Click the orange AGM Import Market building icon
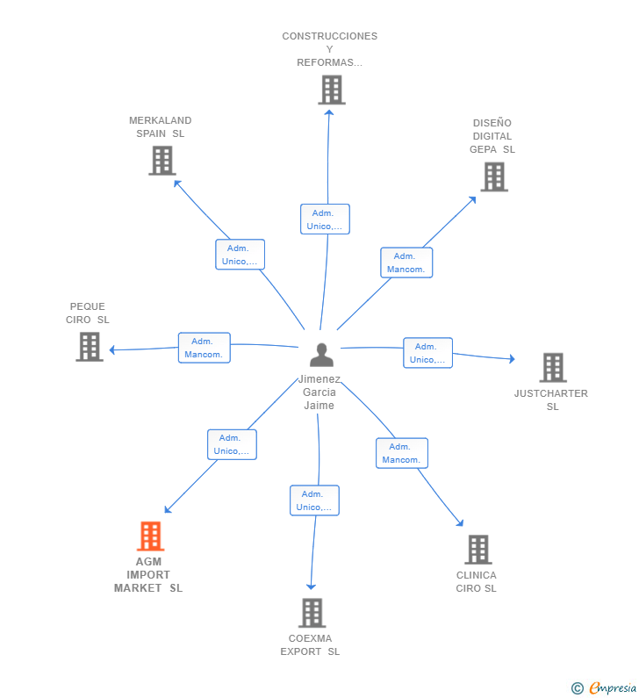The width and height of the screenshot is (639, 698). pyautogui.click(x=150, y=536)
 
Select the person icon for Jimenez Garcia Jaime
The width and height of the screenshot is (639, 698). pyautogui.click(x=321, y=355)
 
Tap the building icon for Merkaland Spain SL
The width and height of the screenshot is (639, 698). pyautogui.click(x=162, y=161)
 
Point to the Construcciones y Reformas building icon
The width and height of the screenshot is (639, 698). pyautogui.click(x=332, y=90)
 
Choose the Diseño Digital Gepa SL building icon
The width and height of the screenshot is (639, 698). pyautogui.click(x=494, y=176)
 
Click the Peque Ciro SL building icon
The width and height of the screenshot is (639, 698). pyautogui.click(x=90, y=347)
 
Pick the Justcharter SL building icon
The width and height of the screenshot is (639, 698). pyautogui.click(x=553, y=368)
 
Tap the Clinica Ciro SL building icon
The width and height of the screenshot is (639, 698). pyautogui.click(x=478, y=550)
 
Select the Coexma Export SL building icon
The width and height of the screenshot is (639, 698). pyautogui.click(x=312, y=613)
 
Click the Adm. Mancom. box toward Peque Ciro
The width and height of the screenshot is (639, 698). pyautogui.click(x=205, y=348)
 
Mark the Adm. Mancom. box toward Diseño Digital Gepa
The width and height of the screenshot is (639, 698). pyautogui.click(x=406, y=263)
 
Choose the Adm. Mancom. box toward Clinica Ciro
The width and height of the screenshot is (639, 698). pyautogui.click(x=402, y=453)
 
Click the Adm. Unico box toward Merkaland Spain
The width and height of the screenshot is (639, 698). pyautogui.click(x=240, y=255)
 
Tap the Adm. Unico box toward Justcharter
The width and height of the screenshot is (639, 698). pyautogui.click(x=427, y=353)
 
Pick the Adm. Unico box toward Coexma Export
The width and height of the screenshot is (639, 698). pyautogui.click(x=314, y=500)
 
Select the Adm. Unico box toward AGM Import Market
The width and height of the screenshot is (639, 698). pyautogui.click(x=232, y=444)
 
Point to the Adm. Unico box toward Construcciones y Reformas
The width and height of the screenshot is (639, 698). pyautogui.click(x=325, y=219)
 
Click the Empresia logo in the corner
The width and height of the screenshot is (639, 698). pyautogui.click(x=604, y=687)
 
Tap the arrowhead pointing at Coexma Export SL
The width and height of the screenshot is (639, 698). pyautogui.click(x=311, y=586)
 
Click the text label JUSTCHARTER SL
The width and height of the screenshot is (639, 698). pyautogui.click(x=551, y=399)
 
